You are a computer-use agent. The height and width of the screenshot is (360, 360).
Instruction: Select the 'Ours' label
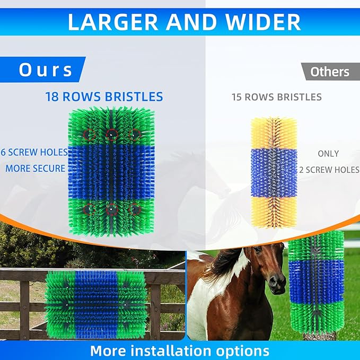coord(46,70)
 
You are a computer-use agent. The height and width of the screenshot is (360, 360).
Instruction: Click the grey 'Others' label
coord(330,72)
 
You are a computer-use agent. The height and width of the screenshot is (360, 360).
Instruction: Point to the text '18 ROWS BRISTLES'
coord(104,97)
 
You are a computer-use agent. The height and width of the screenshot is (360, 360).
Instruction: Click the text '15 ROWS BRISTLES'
coord(276,97)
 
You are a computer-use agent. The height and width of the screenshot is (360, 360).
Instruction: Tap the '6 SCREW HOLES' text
coord(34,152)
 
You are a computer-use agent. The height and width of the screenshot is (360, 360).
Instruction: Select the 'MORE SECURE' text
coord(35,169)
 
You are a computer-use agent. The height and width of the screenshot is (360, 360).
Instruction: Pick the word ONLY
coord(328,154)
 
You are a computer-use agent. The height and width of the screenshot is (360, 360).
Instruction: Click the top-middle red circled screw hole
coord(111,134)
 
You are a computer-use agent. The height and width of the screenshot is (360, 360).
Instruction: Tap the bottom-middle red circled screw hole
coord(111,210)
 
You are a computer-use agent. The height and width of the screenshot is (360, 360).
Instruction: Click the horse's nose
coord(277,285)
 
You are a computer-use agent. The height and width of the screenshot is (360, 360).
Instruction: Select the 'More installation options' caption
coord(179,350)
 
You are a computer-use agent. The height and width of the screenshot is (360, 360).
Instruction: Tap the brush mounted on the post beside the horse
coord(316,284)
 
